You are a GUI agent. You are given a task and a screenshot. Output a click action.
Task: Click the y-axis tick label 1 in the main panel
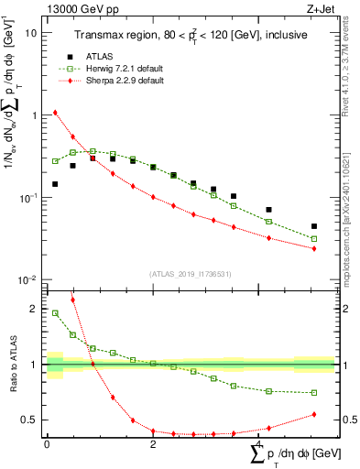coord(34,115)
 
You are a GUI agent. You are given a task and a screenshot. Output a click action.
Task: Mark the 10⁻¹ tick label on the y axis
coord(28,197)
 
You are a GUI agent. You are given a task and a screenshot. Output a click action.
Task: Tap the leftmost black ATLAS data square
coord(55,184)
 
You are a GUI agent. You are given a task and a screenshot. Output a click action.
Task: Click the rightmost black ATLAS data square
coord(314,226)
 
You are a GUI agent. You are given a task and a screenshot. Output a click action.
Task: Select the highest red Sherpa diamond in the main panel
coord(55,113)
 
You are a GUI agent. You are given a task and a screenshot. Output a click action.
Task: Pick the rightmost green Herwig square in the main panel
coord(314,239)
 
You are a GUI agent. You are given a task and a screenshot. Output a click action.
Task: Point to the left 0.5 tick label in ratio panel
coord(32,420)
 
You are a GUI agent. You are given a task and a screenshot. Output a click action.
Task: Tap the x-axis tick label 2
coord(153,443)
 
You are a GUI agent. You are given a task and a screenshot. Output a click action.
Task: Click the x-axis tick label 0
coord(47,443)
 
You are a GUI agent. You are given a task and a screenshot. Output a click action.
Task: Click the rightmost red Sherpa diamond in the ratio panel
coord(314,414)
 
